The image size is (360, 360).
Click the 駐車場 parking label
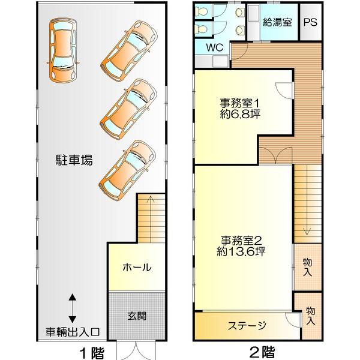[x=74, y=160]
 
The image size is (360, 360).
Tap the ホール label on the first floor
[x=137, y=267]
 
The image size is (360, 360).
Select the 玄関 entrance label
[x=137, y=316]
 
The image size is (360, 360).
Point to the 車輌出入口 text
[x=73, y=332]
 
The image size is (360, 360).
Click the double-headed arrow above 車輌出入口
[x=73, y=308]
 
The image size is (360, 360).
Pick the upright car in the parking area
[x=62, y=50]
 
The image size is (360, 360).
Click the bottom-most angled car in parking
[x=127, y=171]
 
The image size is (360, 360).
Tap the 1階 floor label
[x=92, y=353]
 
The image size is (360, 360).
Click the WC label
[x=215, y=47]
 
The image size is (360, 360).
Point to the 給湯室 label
[x=277, y=22]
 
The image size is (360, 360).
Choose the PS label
[x=310, y=22]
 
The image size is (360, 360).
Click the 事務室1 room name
[x=239, y=103]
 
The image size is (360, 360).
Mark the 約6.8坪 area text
[x=240, y=114]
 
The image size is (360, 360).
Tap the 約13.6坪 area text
[x=241, y=251]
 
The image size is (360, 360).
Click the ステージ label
[x=247, y=325]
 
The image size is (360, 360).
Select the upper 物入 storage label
[x=307, y=267]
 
